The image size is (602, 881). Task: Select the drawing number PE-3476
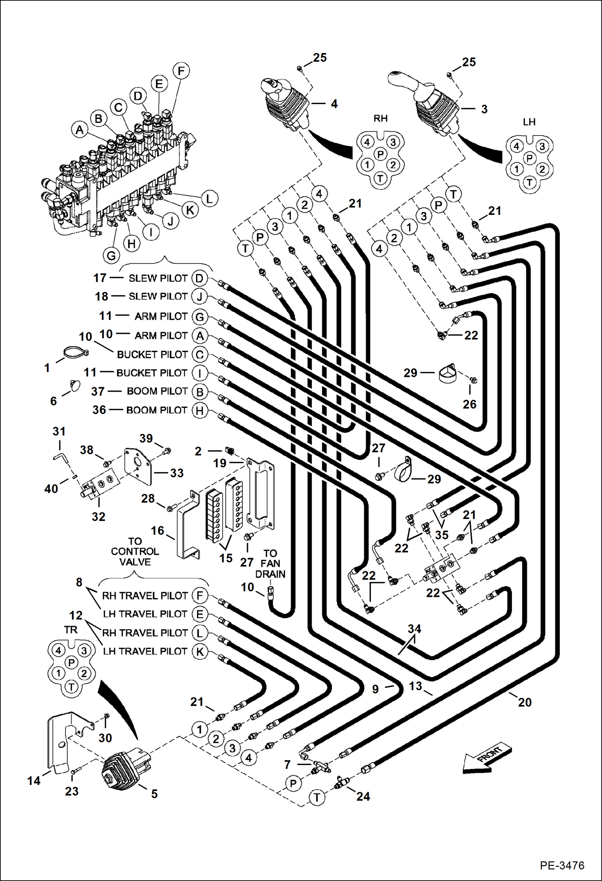tap(562, 865)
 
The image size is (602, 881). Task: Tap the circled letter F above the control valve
tap(181, 71)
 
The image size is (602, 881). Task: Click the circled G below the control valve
tap(111, 256)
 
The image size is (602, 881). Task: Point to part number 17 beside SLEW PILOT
tap(100, 278)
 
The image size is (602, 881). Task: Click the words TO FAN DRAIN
tap(270, 564)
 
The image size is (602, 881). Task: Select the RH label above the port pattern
tap(380, 118)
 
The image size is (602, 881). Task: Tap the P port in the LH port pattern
tap(529, 158)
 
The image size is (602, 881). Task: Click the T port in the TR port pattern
tap(72, 687)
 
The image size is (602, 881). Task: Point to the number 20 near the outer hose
tap(524, 702)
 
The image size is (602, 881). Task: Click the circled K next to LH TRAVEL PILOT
tap(200, 652)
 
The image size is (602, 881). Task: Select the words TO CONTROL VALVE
tap(135, 552)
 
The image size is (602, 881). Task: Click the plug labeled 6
tap(74, 385)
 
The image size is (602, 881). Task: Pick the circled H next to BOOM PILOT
tap(200, 411)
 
